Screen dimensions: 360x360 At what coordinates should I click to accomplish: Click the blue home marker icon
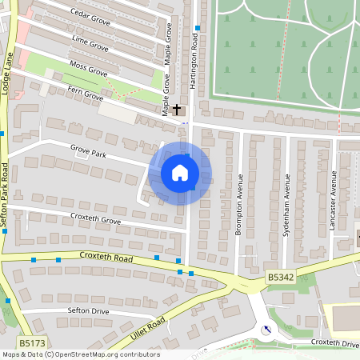click(180, 173)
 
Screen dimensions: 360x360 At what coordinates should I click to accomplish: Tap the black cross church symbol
click(177, 108)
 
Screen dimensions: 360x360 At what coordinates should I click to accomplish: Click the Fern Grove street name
click(86, 96)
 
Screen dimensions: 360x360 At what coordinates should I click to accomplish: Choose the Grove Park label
click(88, 150)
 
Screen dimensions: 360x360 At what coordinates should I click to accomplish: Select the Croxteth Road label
click(106, 258)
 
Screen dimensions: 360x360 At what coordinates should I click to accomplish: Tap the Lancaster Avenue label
click(334, 199)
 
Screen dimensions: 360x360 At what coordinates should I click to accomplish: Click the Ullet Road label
click(149, 327)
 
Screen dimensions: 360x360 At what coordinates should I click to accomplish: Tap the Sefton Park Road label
click(5, 196)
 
